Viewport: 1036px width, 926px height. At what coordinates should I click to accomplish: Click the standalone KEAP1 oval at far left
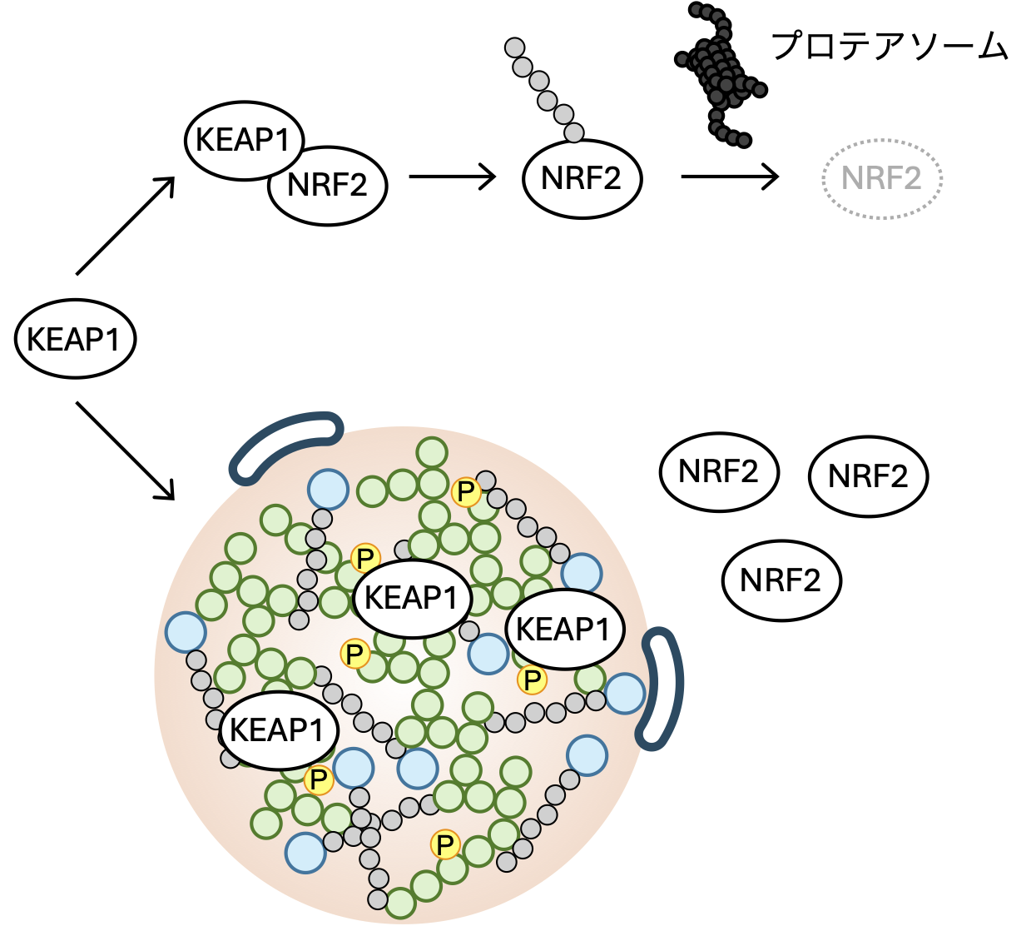click(x=75, y=339)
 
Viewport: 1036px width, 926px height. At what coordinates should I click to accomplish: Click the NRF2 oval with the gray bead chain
click(x=582, y=178)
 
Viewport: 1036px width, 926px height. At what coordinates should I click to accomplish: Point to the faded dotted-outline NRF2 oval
click(x=881, y=178)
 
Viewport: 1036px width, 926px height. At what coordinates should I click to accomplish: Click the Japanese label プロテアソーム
click(x=890, y=46)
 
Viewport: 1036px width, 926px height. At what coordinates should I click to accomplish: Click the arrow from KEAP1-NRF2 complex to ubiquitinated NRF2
click(x=452, y=177)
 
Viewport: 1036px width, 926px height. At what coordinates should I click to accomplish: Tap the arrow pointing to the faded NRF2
click(x=729, y=177)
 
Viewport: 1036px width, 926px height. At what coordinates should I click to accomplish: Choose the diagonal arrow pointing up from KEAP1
click(x=125, y=225)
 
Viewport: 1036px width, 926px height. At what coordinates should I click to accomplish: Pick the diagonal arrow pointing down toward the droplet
click(x=125, y=451)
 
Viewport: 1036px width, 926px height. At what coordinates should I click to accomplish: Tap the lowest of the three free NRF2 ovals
click(x=781, y=580)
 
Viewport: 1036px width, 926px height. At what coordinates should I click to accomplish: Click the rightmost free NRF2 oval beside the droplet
click(x=868, y=476)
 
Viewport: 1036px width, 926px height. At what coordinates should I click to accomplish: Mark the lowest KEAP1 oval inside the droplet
click(x=278, y=730)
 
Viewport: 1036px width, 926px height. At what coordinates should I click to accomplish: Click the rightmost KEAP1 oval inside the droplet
click(x=564, y=630)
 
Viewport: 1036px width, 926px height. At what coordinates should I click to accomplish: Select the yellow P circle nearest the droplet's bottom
click(x=446, y=845)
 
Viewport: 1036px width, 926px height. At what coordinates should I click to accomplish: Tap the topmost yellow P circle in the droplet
click(x=466, y=491)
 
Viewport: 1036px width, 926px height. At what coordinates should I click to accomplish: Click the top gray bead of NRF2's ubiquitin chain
click(x=515, y=47)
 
